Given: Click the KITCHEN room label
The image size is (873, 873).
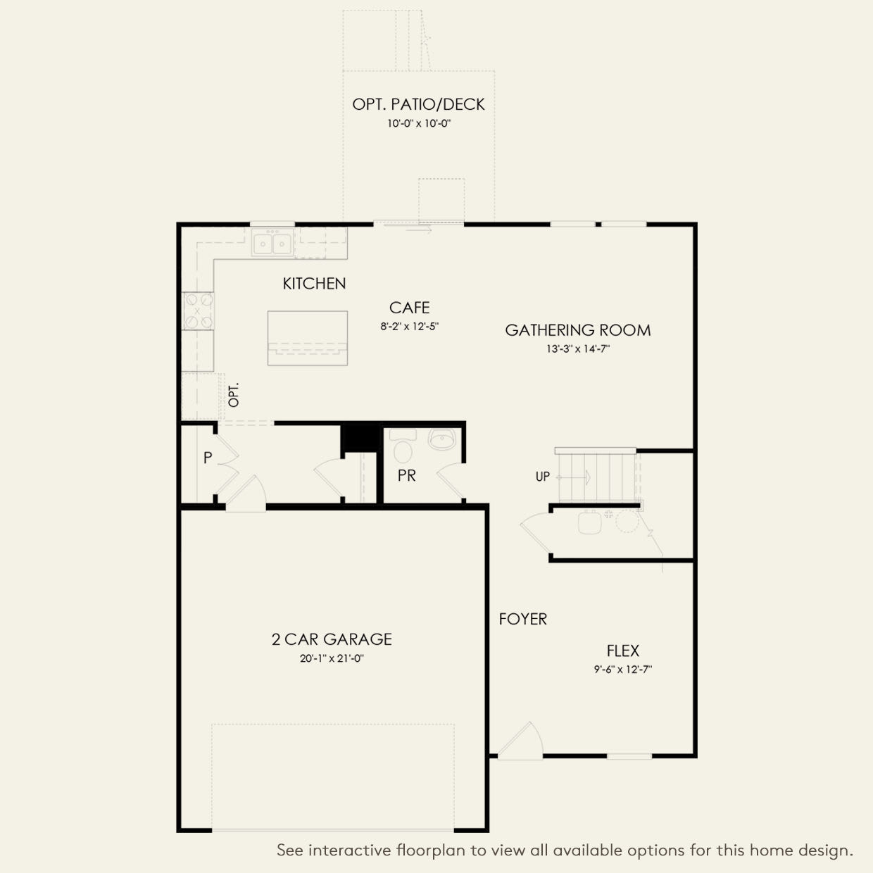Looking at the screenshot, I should tap(314, 284).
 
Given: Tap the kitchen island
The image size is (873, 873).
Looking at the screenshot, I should tap(308, 337).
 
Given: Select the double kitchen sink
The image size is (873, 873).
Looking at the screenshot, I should tap(272, 244).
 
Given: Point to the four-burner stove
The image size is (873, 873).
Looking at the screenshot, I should tap(198, 310).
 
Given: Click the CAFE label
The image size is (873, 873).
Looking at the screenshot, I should tap(409, 308).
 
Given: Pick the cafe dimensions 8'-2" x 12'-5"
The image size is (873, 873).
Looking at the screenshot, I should tap(409, 326).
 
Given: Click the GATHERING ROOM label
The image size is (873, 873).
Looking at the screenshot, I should tap(577, 330).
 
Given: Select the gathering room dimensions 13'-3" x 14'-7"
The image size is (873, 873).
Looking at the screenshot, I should tap(577, 348).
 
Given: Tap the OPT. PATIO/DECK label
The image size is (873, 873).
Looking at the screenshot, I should tap(418, 104).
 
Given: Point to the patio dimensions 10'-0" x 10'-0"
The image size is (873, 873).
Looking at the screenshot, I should tap(418, 123).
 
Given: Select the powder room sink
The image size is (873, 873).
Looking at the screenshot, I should tap(442, 441).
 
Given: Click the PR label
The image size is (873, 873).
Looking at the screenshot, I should tap(406, 476).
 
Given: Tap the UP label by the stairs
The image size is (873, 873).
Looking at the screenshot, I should tap(542, 477).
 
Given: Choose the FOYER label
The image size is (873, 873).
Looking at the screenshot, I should tap(522, 619).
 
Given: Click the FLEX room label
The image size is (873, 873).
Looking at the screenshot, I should tap(622, 651).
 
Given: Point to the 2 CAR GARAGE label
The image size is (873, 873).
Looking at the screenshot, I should tap(332, 639).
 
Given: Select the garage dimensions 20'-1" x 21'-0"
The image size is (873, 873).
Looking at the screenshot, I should tap(332, 658).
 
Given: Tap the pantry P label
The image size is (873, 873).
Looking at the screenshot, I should tap(207, 458).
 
